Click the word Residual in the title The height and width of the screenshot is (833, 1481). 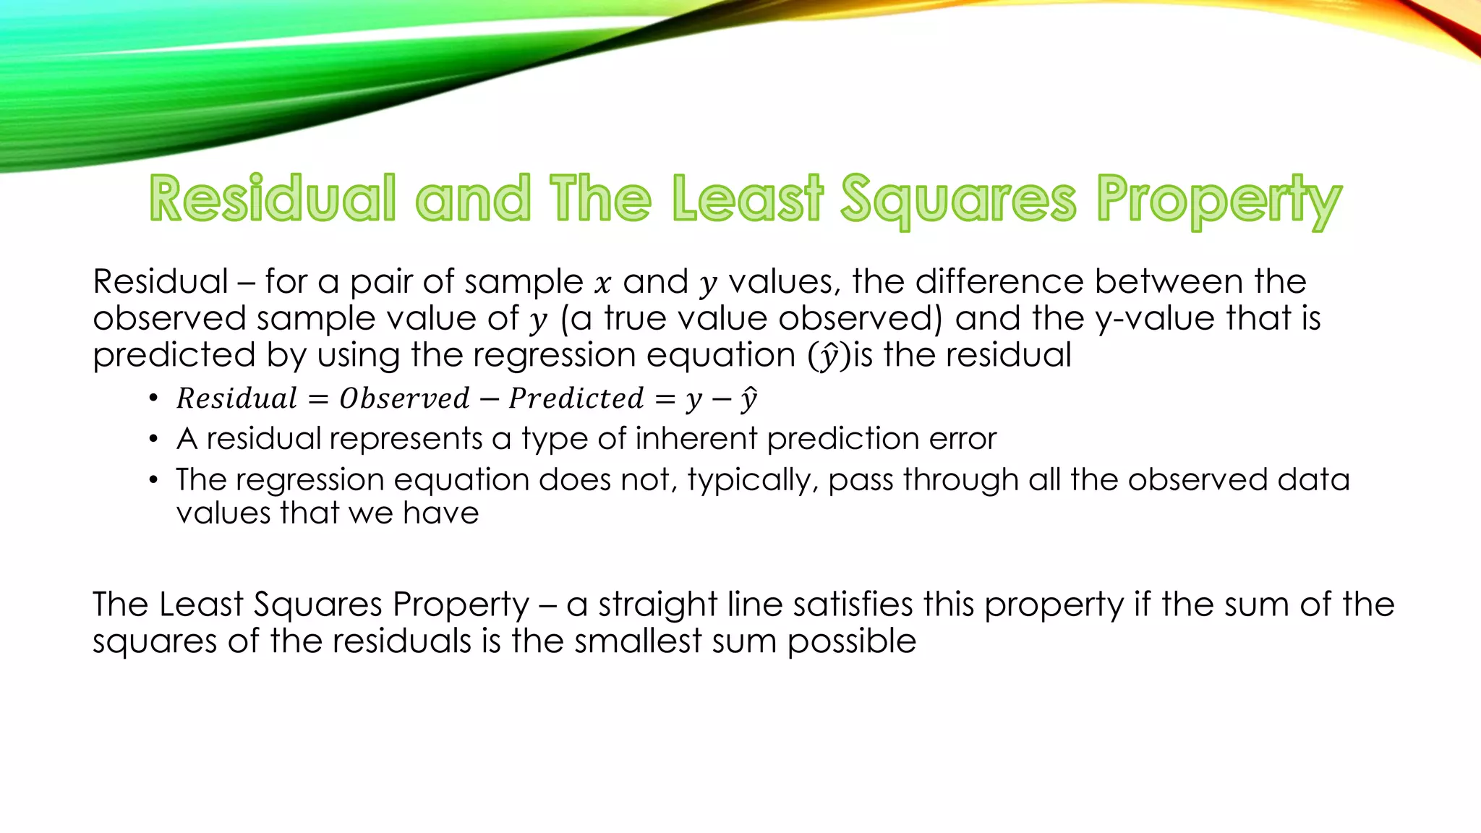[273, 198]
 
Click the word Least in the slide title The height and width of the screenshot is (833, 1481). [747, 198]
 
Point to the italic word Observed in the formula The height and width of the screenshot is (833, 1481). [404, 398]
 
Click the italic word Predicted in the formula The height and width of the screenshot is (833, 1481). [576, 398]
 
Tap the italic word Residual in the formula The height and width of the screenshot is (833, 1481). [236, 398]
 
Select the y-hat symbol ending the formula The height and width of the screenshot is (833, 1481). [748, 399]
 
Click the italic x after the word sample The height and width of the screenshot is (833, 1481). [602, 283]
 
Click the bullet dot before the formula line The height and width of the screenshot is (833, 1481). [153, 398]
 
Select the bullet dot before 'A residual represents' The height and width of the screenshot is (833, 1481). [153, 439]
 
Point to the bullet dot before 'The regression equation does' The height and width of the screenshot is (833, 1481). [153, 480]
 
